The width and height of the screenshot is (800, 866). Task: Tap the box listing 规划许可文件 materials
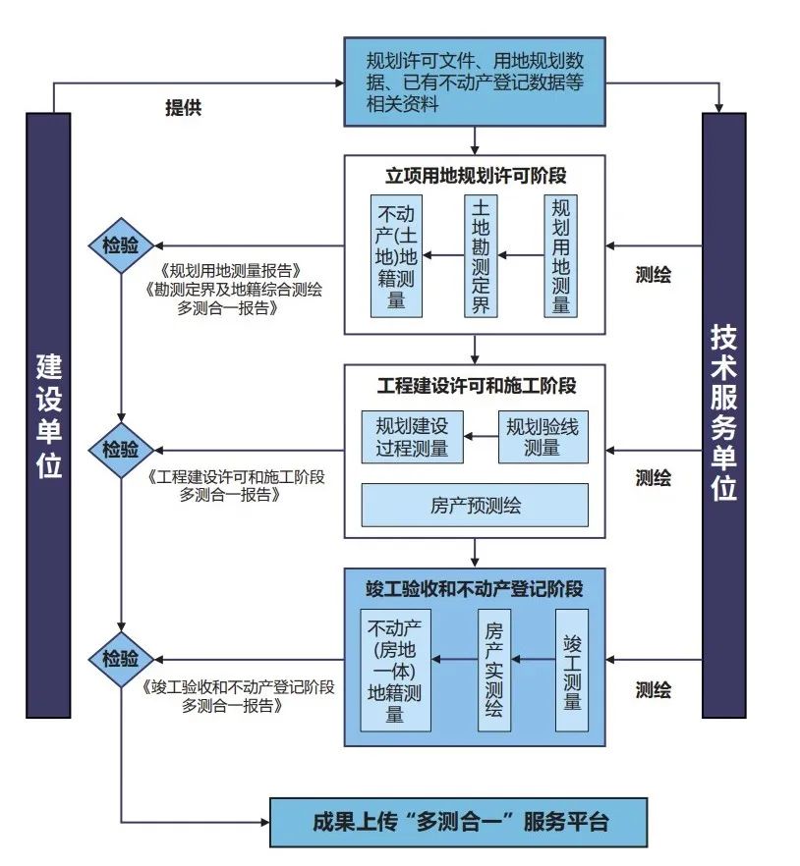474,81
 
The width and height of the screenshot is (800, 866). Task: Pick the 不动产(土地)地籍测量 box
396,255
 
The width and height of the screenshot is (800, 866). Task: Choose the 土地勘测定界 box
481,255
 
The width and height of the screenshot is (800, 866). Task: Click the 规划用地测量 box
561,255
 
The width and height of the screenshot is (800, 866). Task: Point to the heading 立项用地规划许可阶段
475,176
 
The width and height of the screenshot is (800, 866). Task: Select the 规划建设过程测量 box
412,437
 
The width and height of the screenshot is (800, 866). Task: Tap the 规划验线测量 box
543,437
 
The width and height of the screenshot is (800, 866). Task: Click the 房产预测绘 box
475,505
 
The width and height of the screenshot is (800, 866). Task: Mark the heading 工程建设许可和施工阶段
476,385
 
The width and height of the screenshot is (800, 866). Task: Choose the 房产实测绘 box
494,671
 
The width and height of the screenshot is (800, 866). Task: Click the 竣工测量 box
572,671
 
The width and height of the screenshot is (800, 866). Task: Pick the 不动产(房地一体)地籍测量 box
395,671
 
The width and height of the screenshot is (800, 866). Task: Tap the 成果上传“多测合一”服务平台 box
459,822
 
